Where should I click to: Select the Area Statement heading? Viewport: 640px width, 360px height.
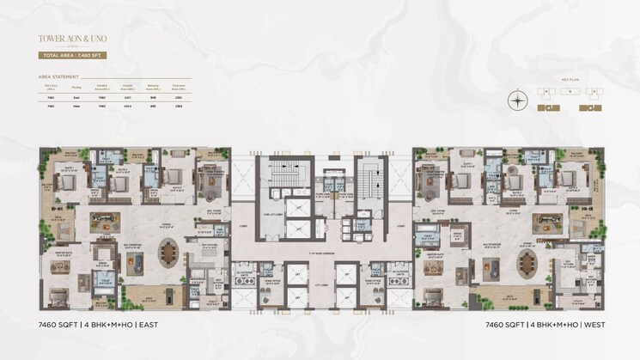pyautogui.click(x=58, y=76)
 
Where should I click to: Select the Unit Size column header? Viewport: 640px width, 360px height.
pyautogui.click(x=51, y=87)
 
